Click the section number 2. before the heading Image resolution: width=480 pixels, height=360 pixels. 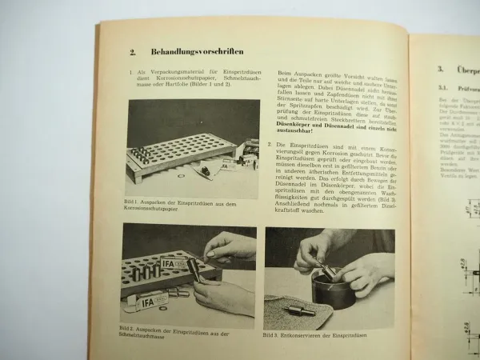[x=133, y=52]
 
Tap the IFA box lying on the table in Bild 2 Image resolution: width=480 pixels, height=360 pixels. [x=153, y=301]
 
